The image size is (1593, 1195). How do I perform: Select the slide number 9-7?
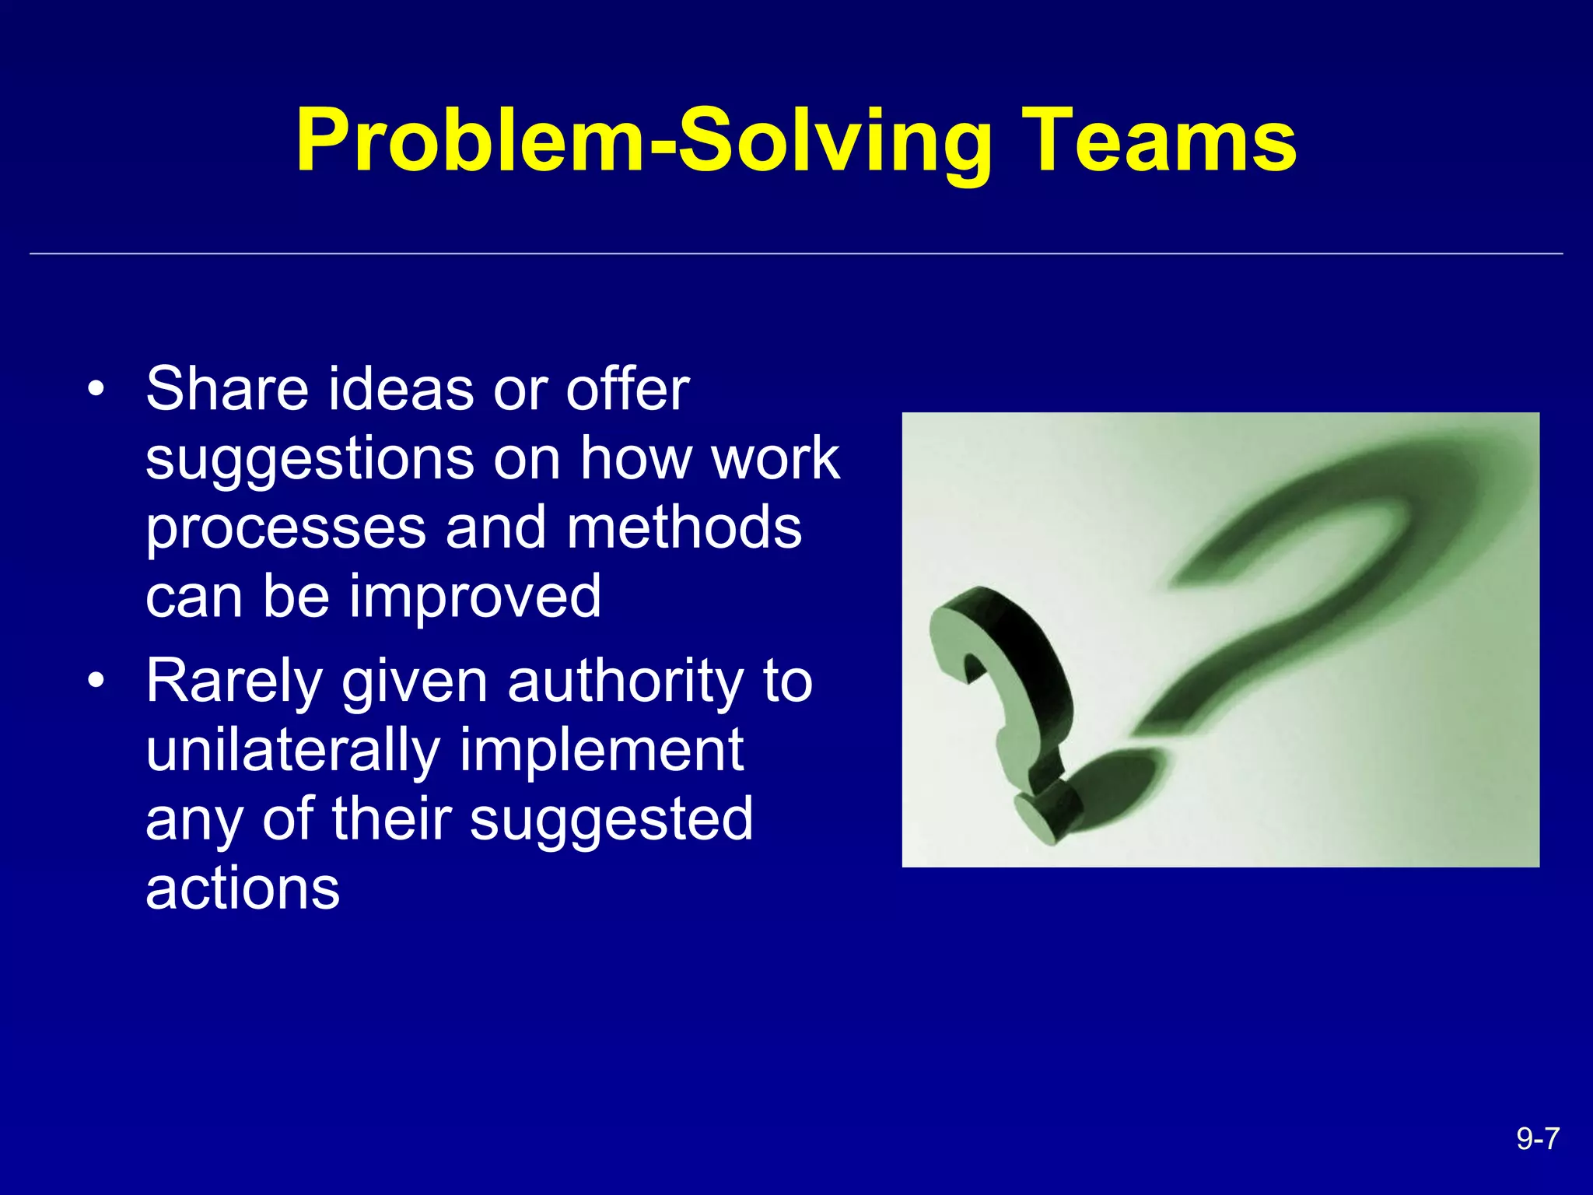pos(1538,1139)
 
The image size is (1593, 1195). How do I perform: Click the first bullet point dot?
pos(95,389)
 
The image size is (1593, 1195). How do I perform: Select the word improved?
pos(474,597)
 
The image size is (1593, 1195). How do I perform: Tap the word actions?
pos(243,888)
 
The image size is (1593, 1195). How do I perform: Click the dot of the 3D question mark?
pos(1046,817)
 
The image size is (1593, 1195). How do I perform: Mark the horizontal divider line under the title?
pos(796,254)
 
